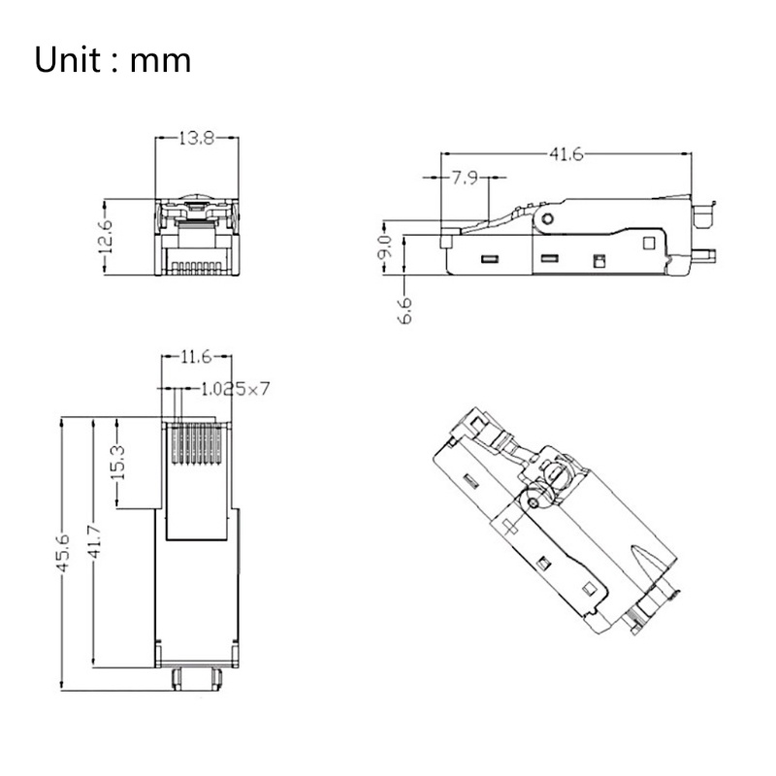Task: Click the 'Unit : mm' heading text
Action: click(x=113, y=60)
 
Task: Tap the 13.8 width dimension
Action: click(x=196, y=138)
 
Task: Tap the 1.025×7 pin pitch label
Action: click(x=234, y=388)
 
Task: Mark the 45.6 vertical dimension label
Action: click(x=66, y=554)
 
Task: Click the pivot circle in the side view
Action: click(x=550, y=218)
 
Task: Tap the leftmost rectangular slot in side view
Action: click(x=489, y=259)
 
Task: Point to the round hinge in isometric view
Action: click(x=556, y=474)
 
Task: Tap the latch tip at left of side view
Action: click(x=448, y=236)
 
